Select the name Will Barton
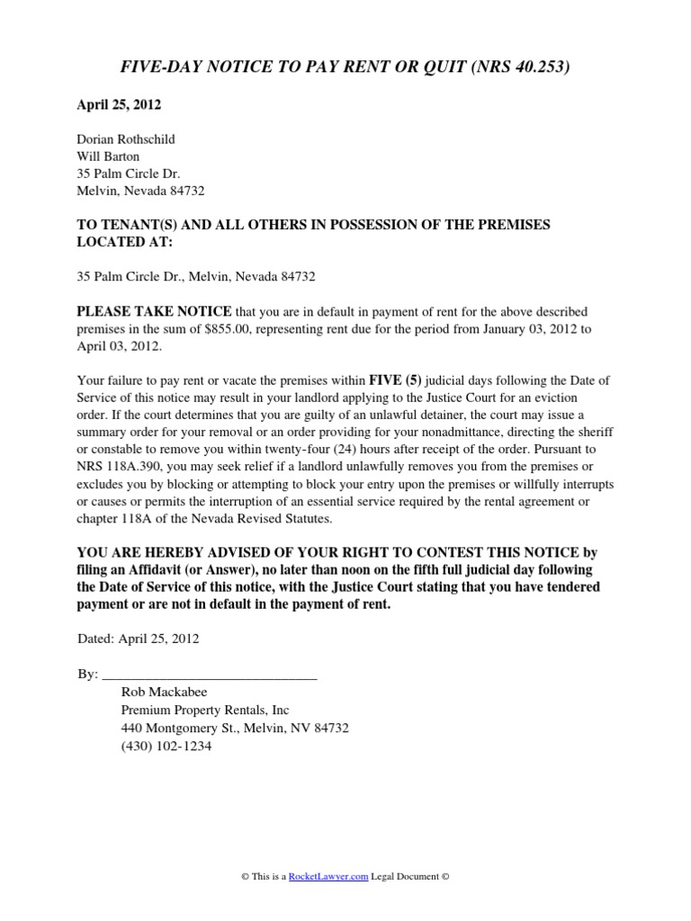pos(107,156)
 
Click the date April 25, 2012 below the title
pos(118,105)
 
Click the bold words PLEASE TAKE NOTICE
pos(154,311)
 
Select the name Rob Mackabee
pos(164,692)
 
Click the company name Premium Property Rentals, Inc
pos(205,710)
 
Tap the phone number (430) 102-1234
pos(166,746)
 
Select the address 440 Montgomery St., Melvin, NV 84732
pos(235,728)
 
